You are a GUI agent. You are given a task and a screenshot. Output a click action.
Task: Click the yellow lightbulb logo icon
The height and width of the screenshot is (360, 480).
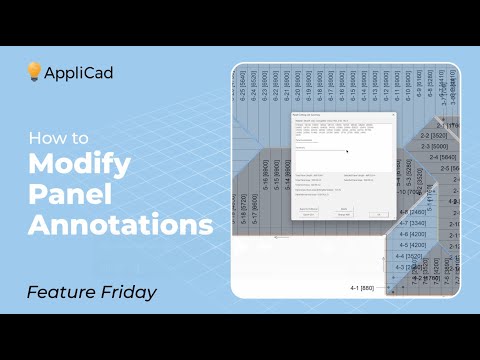34,72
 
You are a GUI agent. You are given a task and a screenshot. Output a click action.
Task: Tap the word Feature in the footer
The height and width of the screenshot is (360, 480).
65,293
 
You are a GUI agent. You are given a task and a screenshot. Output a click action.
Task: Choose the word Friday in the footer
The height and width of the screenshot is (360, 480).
130,293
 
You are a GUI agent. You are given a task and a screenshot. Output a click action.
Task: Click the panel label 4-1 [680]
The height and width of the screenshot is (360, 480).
369,289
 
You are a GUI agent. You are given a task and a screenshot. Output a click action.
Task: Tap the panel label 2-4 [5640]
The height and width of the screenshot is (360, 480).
446,157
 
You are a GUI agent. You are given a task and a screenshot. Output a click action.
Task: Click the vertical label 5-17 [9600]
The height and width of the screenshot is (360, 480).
256,200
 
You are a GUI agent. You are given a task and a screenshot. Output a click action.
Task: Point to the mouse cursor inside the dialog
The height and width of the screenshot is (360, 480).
347,152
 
